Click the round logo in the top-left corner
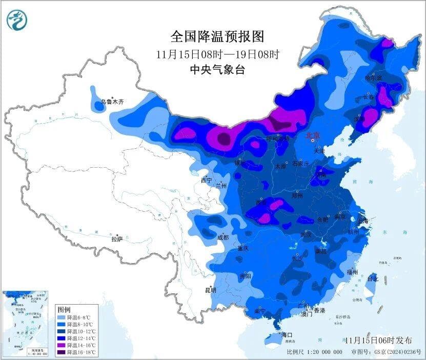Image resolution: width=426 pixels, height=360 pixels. click(17, 21)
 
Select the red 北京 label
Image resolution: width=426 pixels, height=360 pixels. click(313, 135)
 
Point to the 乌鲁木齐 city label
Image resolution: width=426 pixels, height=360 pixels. click(112, 103)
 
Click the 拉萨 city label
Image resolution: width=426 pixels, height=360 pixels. click(117, 238)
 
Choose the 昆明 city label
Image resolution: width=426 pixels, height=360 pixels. click(211, 290)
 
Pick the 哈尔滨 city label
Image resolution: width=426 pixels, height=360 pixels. click(373, 78)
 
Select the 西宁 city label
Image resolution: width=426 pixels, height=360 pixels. click(206, 180)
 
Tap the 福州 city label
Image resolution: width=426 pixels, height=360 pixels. click(352, 272)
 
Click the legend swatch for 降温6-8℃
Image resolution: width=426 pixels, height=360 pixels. click(62, 317)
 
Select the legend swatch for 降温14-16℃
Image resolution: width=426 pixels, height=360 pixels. click(62, 345)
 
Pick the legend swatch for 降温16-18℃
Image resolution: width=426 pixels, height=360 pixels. click(62, 352)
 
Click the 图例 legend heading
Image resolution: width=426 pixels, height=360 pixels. click(64, 310)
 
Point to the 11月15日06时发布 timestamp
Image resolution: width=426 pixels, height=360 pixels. click(378, 340)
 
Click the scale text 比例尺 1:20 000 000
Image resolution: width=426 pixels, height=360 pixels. click(314, 353)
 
